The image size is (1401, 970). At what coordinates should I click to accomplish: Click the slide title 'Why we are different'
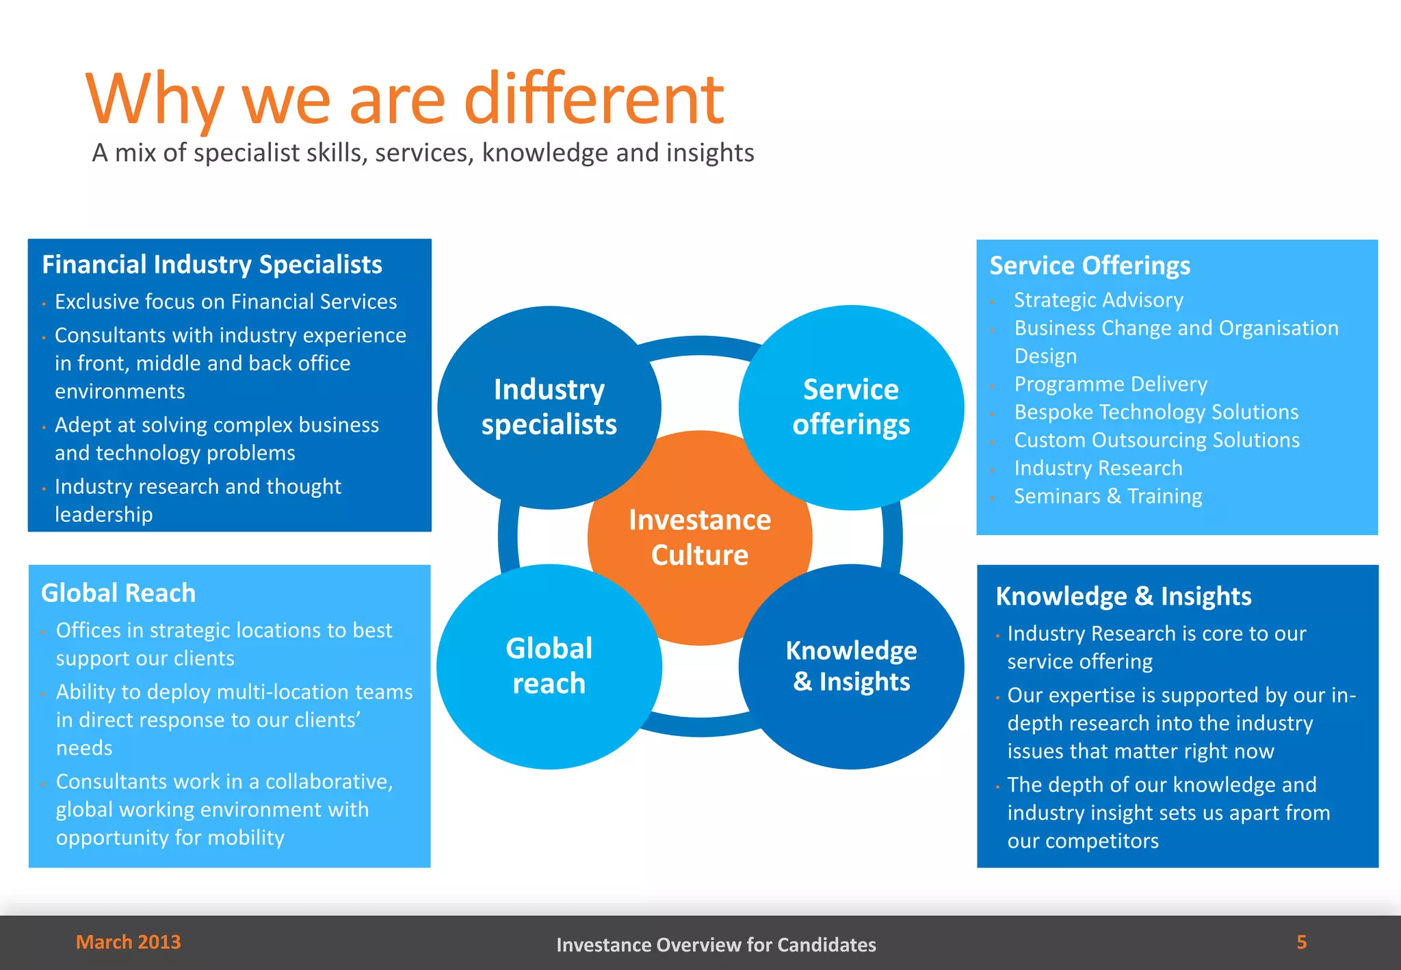(404, 99)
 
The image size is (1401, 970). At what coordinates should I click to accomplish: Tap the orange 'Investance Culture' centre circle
(700, 538)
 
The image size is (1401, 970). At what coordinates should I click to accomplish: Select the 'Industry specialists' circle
(549, 407)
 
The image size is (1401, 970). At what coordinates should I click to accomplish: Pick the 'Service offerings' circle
(851, 407)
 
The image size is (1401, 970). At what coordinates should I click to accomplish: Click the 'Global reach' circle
(549, 666)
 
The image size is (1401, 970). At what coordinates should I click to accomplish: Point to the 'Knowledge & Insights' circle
(851, 666)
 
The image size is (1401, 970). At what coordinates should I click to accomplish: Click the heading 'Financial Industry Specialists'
(212, 265)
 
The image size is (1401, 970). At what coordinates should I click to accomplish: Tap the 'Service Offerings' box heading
(1090, 265)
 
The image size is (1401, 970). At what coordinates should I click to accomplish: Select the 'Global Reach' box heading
(118, 593)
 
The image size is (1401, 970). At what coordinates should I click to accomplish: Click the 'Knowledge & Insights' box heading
(1123, 597)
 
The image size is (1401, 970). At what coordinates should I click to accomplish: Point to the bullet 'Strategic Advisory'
(1098, 300)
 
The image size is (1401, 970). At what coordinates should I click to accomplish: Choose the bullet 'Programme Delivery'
(1110, 384)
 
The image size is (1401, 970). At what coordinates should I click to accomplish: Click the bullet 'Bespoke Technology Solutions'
(1156, 412)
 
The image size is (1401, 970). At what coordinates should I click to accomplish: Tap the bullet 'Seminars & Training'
(1108, 497)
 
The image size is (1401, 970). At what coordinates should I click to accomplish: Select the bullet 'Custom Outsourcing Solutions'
(1157, 441)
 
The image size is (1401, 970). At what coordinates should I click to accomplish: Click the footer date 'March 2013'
(128, 942)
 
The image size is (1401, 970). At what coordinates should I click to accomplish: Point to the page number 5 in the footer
(1301, 942)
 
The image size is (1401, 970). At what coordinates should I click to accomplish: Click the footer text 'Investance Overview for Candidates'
(716, 945)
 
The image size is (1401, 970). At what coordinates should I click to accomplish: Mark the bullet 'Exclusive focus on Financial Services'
(226, 302)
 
